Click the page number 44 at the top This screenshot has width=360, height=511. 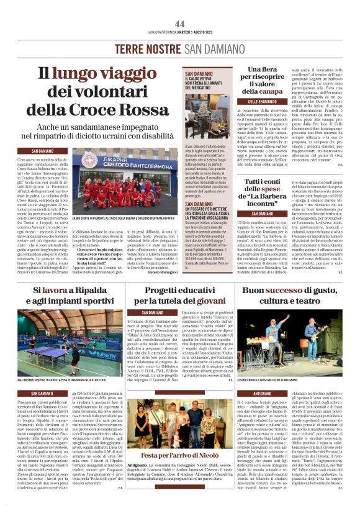tap(179, 23)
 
